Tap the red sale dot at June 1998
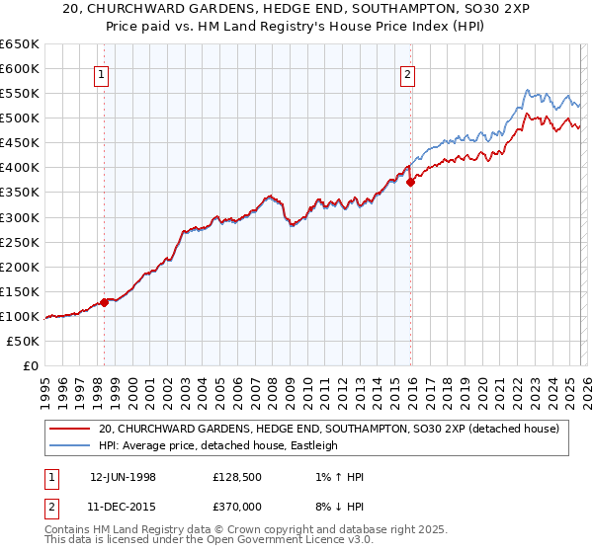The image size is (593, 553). (104, 302)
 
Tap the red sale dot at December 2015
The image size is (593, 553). (410, 182)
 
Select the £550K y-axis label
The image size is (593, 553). (20, 94)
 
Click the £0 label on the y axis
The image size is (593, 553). (31, 365)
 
